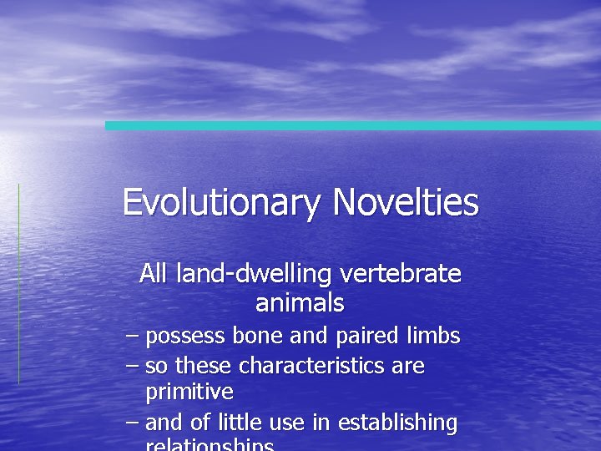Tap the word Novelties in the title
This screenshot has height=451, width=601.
[x=406, y=203]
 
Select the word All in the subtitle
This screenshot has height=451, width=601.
[x=154, y=273]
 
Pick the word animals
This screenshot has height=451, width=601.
[x=300, y=302]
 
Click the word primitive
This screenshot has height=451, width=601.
[x=189, y=392]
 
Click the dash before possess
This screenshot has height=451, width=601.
[x=131, y=337]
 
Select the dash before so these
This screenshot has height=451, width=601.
[x=131, y=366]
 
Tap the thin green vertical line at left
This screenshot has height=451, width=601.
[x=18, y=284]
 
